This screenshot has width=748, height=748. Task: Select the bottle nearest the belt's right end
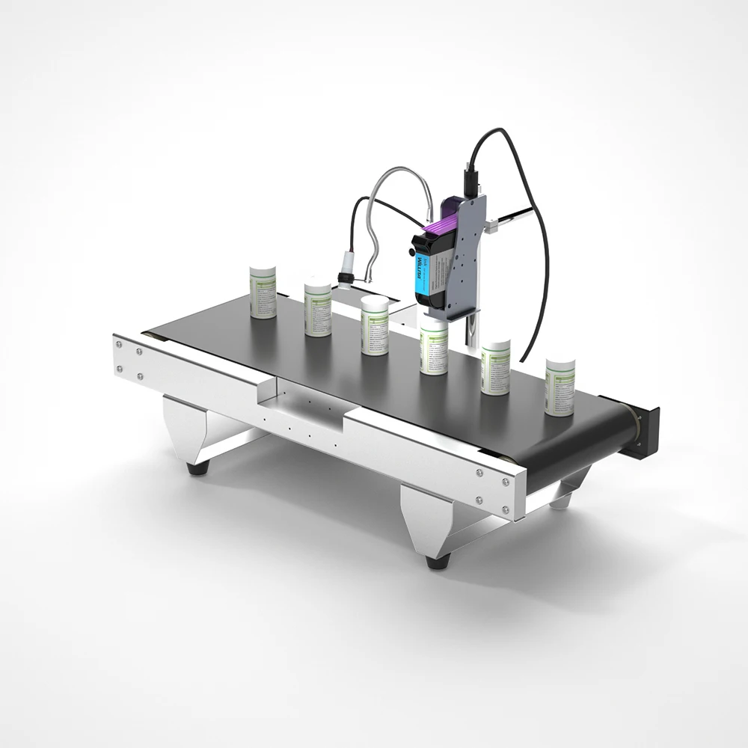[560, 386]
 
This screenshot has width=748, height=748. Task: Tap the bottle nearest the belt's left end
[263, 291]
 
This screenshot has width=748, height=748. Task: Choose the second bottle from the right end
[495, 367]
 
